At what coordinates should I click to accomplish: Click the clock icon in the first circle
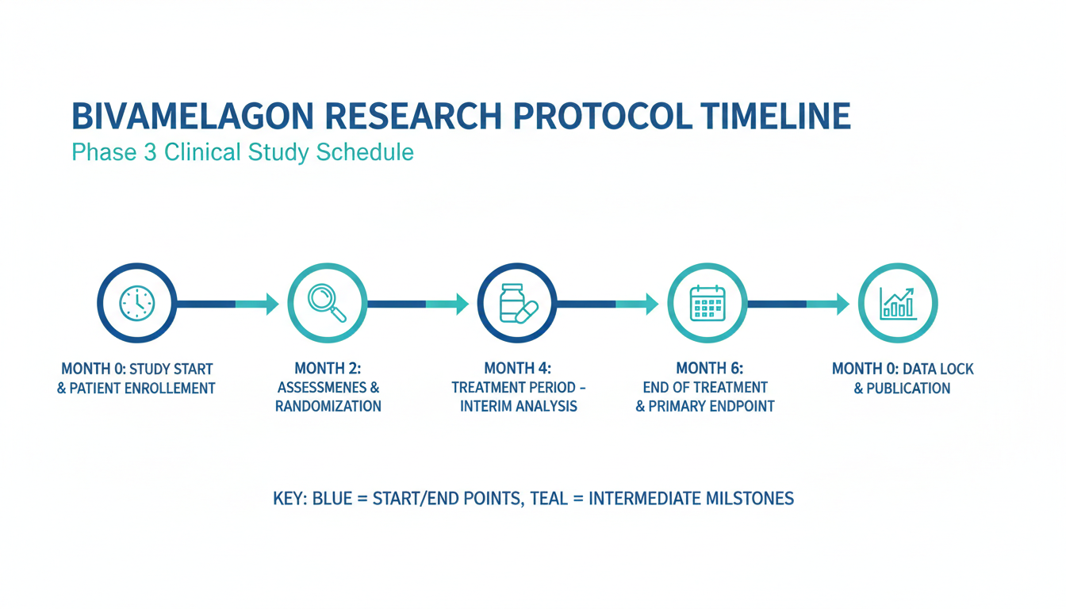click(137, 303)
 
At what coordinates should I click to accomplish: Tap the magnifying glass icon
click(327, 303)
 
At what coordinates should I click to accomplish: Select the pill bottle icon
click(518, 304)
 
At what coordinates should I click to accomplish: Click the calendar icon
click(707, 303)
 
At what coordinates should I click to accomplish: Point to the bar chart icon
click(898, 304)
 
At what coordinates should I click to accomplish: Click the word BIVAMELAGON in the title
click(193, 116)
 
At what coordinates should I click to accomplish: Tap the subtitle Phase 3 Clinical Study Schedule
click(243, 152)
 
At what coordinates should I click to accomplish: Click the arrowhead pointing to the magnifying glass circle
click(273, 304)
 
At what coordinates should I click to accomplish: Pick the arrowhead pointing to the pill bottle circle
click(462, 304)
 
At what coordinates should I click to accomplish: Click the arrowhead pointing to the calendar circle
click(653, 304)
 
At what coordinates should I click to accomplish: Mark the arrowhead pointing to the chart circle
click(843, 304)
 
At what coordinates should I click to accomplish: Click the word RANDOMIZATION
click(328, 406)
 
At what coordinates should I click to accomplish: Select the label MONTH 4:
click(518, 368)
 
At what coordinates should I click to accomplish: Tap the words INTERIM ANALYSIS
click(519, 406)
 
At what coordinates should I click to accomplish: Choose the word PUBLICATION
click(908, 389)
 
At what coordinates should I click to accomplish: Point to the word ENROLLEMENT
click(170, 389)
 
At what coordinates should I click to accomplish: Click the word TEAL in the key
click(549, 498)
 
